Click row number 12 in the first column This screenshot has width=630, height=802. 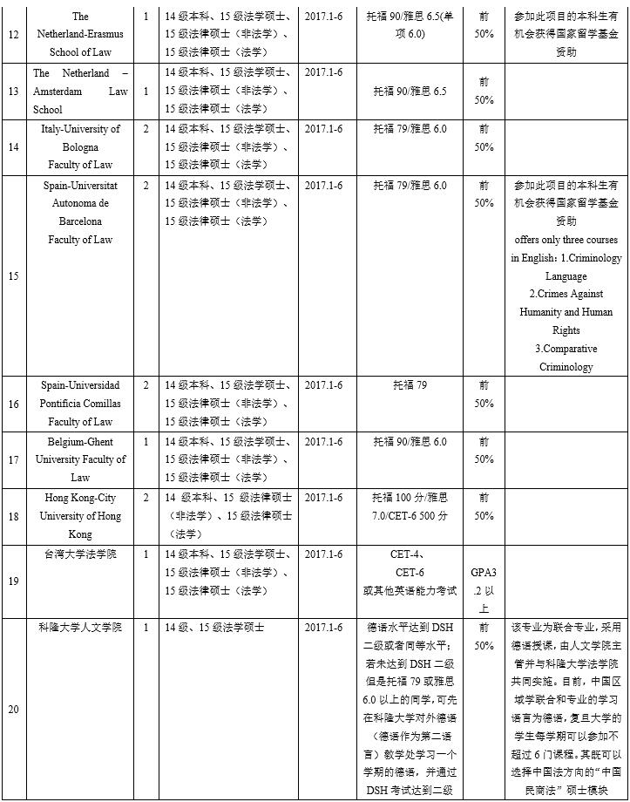[x=13, y=34]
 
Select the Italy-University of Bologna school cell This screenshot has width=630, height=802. [x=80, y=146]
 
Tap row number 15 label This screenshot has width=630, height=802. [x=13, y=275]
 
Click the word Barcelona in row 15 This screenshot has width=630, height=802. [x=80, y=221]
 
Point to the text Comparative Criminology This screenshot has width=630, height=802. [x=566, y=357]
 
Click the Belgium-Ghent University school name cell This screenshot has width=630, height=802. [x=80, y=459]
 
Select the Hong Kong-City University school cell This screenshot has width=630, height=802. [x=80, y=515]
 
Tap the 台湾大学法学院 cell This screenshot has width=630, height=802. [x=80, y=554]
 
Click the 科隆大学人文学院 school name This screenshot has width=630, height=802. [x=80, y=627]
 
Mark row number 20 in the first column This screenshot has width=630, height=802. [x=13, y=709]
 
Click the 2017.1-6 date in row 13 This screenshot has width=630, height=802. [x=323, y=73]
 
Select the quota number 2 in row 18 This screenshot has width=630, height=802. [x=146, y=498]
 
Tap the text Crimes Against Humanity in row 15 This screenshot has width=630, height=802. [x=566, y=302]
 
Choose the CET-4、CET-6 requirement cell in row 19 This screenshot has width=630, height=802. [x=410, y=572]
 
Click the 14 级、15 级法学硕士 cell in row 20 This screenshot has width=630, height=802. [x=214, y=627]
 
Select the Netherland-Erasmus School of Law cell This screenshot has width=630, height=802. [x=80, y=34]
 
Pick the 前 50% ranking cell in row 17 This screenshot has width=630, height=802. [x=484, y=450]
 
